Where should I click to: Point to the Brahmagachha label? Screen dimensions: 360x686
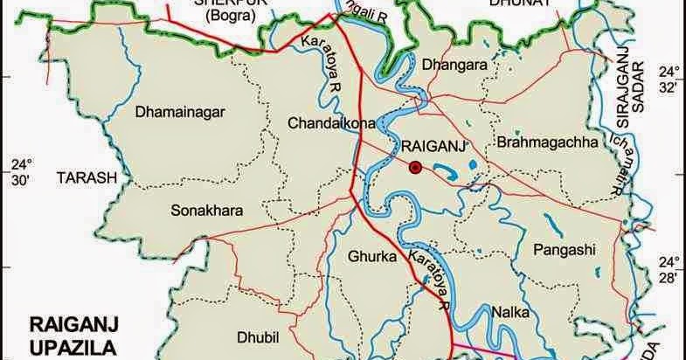(x=546, y=142)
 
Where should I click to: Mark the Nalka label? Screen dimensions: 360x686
(x=509, y=310)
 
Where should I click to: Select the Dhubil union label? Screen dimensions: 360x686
(x=257, y=336)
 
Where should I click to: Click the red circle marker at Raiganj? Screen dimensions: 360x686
(x=415, y=167)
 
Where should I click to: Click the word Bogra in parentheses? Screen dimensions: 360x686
(x=219, y=15)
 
